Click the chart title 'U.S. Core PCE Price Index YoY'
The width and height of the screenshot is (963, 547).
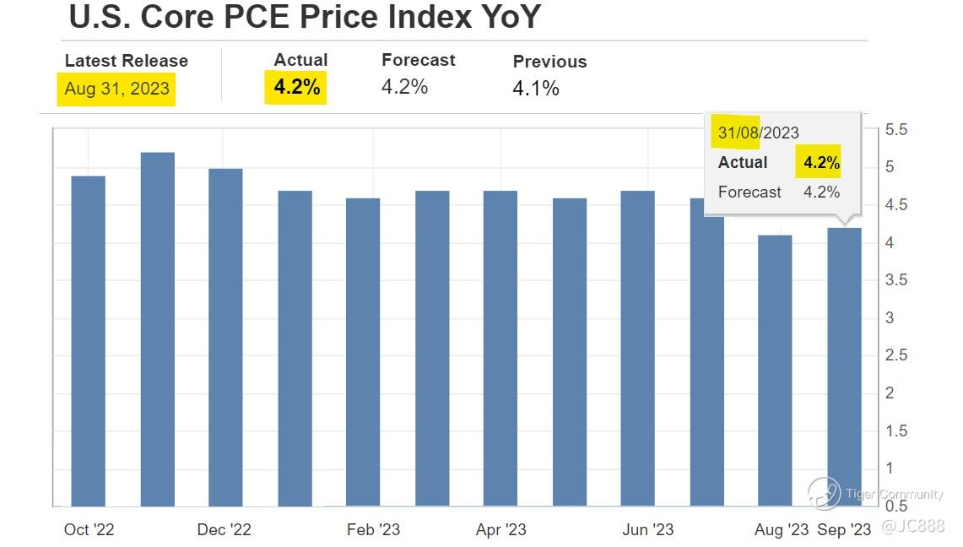point(304,17)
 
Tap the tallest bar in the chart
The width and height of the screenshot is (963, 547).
point(157,329)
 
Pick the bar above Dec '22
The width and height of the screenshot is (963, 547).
point(225,337)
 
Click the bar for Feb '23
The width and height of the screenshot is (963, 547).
point(363,351)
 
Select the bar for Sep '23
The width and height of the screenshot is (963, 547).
point(844,366)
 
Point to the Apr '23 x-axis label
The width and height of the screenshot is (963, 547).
point(500,529)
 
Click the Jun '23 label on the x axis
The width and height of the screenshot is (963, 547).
point(647,529)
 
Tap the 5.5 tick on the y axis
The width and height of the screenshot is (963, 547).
point(896,131)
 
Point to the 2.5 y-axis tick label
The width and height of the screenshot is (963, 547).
point(896,355)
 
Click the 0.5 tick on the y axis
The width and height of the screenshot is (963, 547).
point(896,506)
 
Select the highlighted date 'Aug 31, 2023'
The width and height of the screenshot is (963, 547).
point(116,89)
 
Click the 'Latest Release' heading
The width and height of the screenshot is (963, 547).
point(127,61)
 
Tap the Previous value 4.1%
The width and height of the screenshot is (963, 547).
point(536,89)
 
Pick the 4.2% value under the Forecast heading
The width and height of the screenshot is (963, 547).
point(404,87)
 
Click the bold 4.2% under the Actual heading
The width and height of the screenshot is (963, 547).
point(296,87)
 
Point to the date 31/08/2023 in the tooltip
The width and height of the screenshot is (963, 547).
point(758,133)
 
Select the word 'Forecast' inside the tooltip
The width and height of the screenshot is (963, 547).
point(749,192)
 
